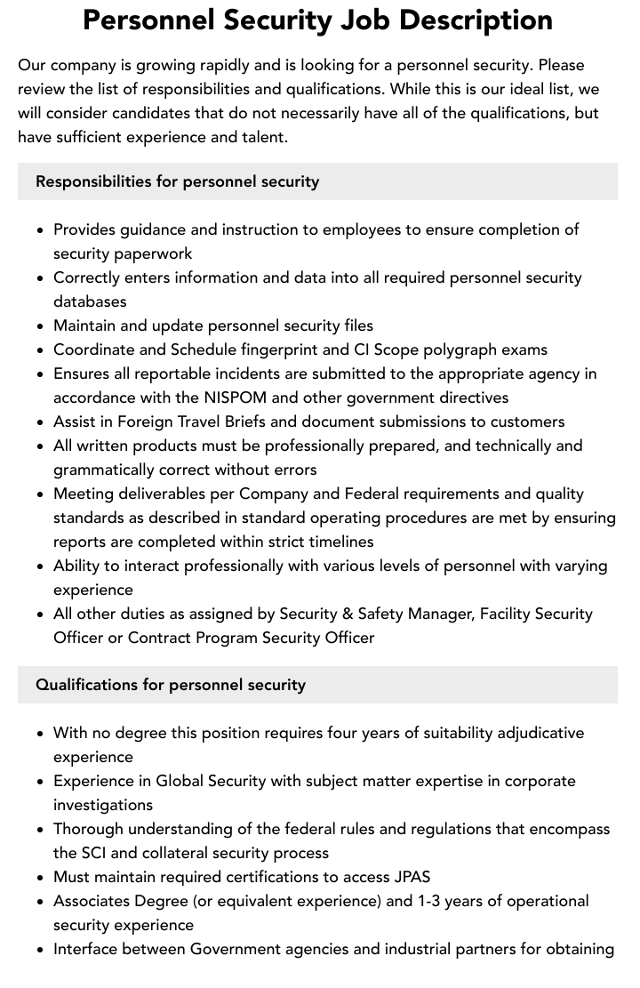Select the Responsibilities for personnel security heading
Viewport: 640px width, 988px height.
[x=177, y=181]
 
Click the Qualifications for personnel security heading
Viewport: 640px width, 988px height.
[x=170, y=685]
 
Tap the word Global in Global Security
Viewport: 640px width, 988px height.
[x=180, y=781]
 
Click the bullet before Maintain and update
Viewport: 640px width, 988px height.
[x=40, y=325]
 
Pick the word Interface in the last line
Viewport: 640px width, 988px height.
[x=88, y=949]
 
